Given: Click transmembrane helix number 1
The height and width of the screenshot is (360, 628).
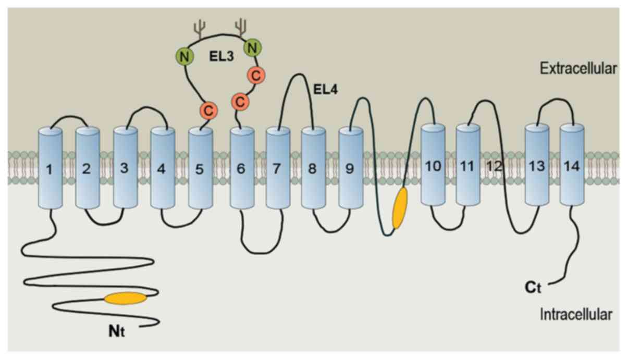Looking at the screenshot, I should [x=50, y=168].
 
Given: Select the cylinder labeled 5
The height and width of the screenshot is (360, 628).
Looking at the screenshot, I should [x=200, y=168].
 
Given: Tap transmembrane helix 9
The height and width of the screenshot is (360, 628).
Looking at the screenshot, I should [x=350, y=168].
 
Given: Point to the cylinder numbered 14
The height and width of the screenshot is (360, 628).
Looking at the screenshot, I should [x=572, y=166].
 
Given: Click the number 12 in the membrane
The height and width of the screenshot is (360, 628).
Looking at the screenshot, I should [x=495, y=167].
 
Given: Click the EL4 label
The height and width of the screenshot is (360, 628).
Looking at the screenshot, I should [x=325, y=90].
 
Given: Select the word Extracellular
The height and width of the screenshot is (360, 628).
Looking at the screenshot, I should [x=578, y=68].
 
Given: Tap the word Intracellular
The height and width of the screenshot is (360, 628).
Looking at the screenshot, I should [x=576, y=314].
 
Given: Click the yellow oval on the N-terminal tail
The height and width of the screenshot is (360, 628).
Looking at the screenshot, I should [x=126, y=298].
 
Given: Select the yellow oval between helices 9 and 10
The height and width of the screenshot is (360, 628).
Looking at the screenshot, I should [x=400, y=208].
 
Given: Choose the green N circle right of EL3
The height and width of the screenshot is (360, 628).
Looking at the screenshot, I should [x=253, y=49].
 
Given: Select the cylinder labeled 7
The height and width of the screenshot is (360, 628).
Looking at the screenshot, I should [x=277, y=168].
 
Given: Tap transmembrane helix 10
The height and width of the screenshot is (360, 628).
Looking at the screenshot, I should [x=433, y=166].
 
